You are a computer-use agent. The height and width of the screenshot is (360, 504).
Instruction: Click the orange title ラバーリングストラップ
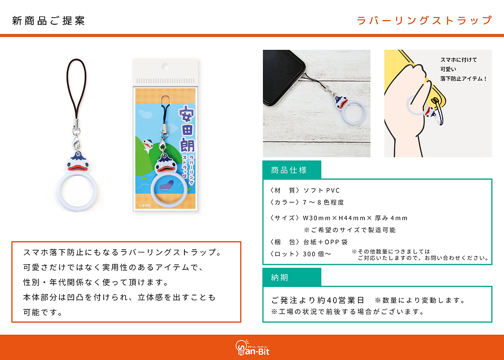(x=425, y=20)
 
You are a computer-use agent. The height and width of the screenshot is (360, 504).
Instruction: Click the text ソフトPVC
(x=322, y=190)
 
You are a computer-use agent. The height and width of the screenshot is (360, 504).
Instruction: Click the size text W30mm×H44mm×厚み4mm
(x=355, y=218)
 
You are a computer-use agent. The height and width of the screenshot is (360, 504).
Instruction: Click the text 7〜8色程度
(x=323, y=202)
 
